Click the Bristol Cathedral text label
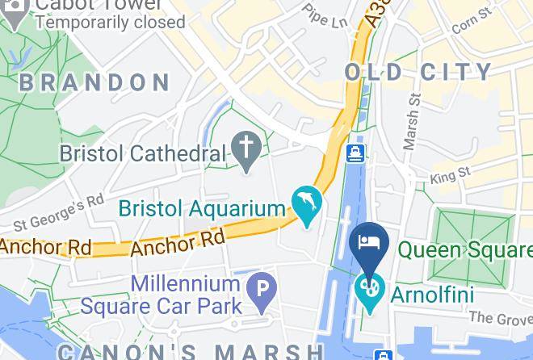143,153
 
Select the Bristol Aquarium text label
202,208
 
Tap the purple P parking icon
262,289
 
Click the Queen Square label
465,250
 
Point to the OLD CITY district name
418,72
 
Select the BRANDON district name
94,82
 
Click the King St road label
451,175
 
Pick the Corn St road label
472,23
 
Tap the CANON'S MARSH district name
190,352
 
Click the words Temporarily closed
111,22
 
